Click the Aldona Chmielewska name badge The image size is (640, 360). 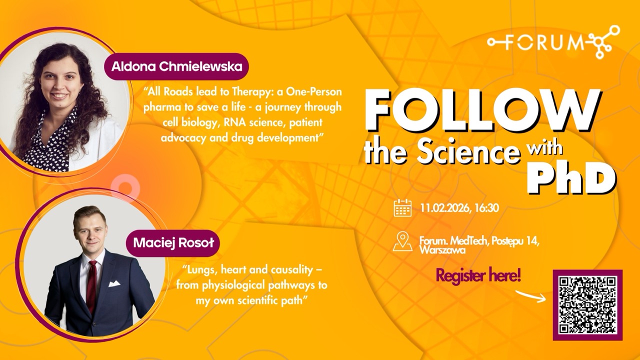coord(175,67)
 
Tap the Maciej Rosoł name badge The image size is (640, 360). coord(169,243)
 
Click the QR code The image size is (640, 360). coord(587,305)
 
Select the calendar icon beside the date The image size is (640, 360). coord(402,207)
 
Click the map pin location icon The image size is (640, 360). coord(402,241)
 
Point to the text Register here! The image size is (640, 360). coord(478,275)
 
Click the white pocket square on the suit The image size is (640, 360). coord(114,283)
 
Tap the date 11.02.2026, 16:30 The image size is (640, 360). coord(459,208)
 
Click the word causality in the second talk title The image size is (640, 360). coord(289,270)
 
